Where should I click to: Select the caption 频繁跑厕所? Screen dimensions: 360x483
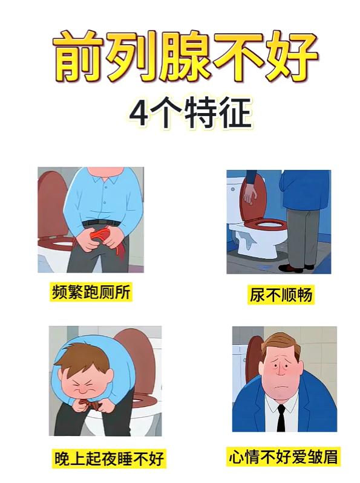pos(91,291)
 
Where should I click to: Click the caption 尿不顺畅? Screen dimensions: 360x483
pos(281,294)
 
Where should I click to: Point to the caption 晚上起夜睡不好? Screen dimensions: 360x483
pos(109,459)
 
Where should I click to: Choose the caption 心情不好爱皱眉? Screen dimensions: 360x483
pos(283,456)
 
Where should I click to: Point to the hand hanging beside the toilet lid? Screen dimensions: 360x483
pos(250,193)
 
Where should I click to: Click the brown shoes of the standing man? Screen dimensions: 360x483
pos(295,268)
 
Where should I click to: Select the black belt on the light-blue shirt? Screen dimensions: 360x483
pos(102,222)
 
